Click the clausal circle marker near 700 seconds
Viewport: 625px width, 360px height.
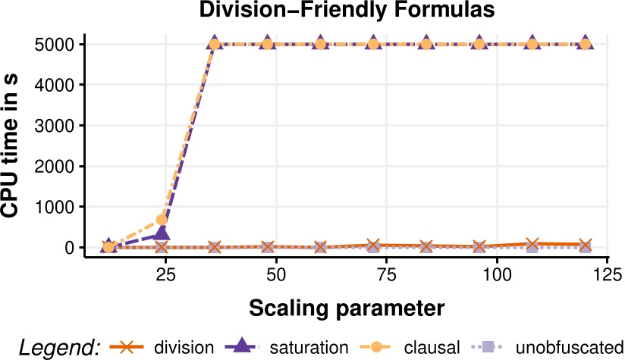tap(162, 220)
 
